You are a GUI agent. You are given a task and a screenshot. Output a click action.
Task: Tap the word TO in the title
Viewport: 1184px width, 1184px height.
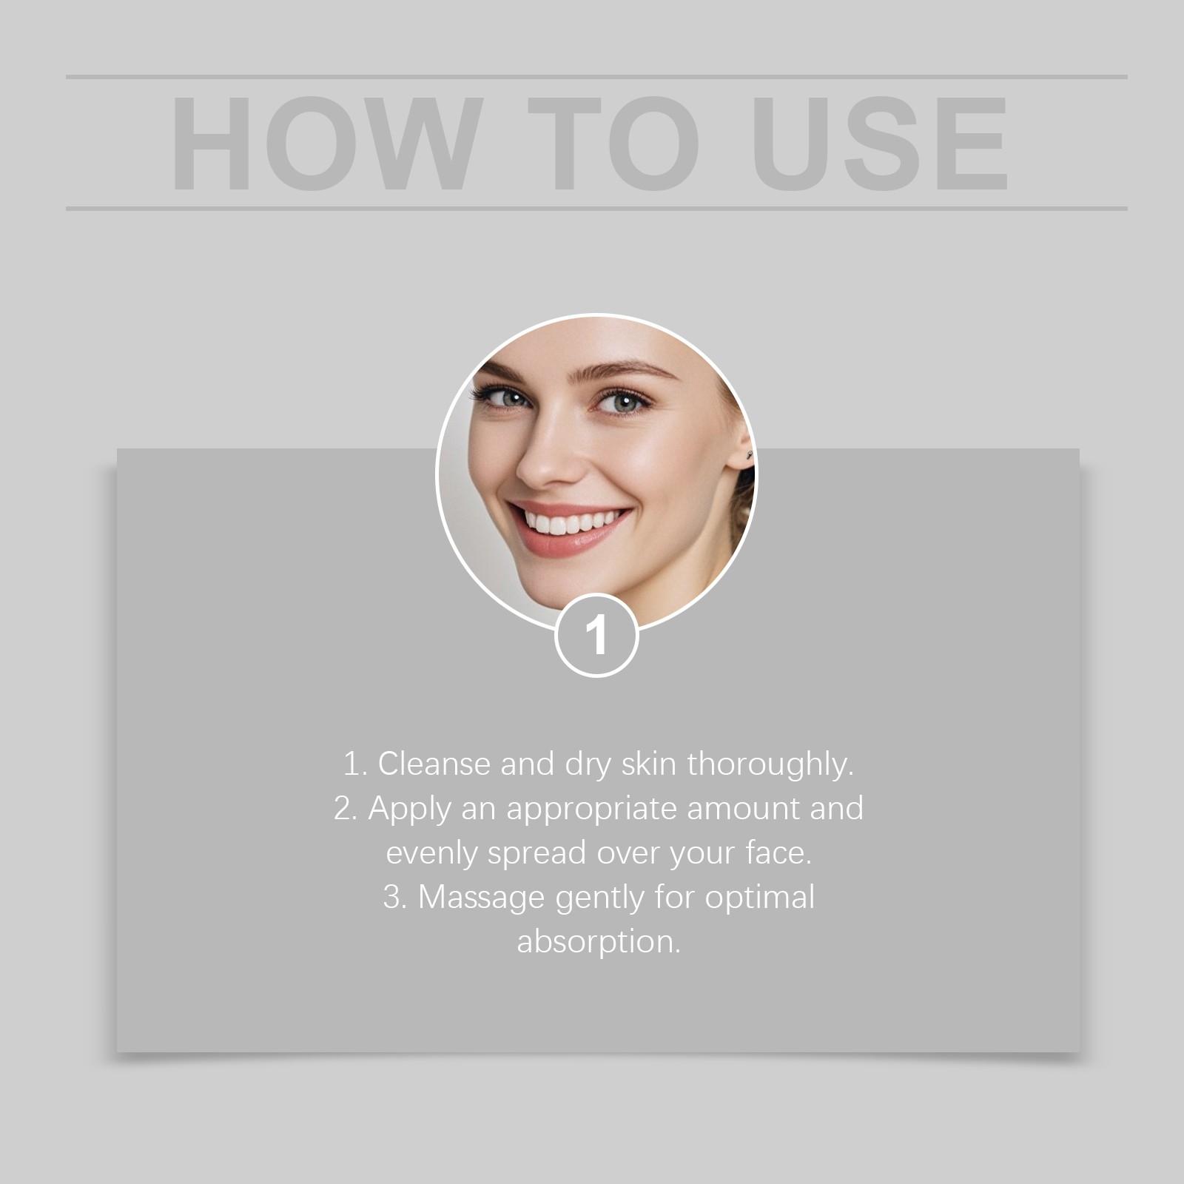coord(613,144)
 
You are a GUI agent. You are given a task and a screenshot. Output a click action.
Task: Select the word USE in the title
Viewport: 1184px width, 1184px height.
coord(880,144)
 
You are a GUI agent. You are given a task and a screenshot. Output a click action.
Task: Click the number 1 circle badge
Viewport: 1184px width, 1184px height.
coord(596,635)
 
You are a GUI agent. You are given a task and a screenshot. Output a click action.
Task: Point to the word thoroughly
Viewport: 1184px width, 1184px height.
coord(770,764)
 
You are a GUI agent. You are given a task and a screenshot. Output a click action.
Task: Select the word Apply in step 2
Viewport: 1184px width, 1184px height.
coord(409,808)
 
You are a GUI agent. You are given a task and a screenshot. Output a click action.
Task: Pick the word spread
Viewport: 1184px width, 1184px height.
coord(536,853)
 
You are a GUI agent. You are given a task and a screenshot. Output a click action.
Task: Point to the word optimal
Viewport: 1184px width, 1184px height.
coord(759,898)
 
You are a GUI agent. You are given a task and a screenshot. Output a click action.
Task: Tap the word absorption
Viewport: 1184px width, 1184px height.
coord(598,942)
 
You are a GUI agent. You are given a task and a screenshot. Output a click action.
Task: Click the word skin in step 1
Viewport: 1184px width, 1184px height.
coord(649,764)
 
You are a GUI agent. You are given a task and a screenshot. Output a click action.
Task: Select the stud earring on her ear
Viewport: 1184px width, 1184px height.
coord(749,453)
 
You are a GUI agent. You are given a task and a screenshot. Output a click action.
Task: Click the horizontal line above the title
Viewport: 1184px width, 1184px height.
coord(596,76)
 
